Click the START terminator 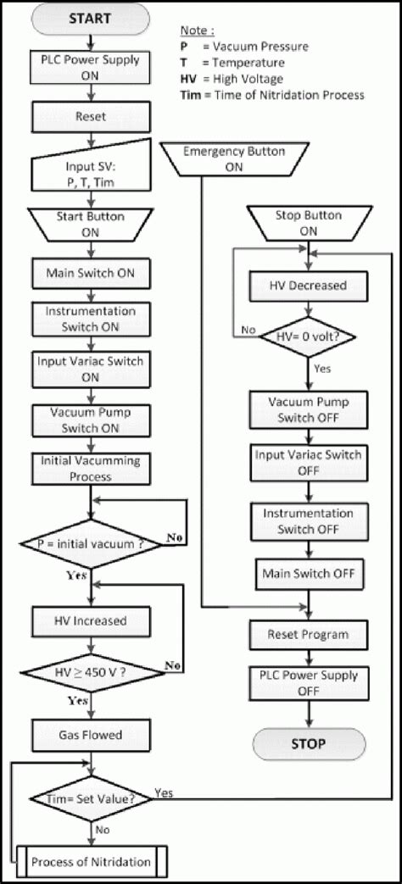pyautogui.click(x=90, y=18)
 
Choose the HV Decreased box pyautogui.click(x=309, y=286)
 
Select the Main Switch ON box pyautogui.click(x=90, y=274)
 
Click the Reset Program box pyautogui.click(x=309, y=634)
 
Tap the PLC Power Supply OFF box pyautogui.click(x=309, y=682)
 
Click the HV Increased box pyautogui.click(x=90, y=620)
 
